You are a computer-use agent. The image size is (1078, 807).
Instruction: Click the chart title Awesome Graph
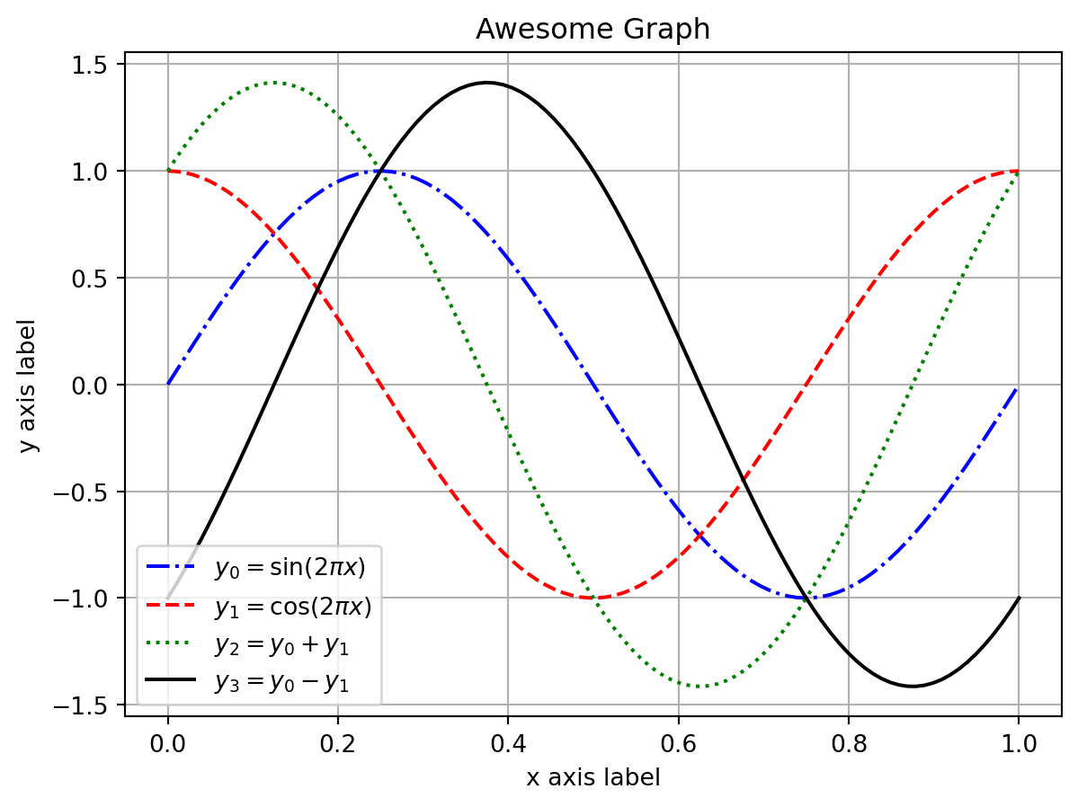[592, 30]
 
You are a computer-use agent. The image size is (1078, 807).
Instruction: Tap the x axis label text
[592, 777]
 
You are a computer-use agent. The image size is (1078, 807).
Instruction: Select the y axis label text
[30, 385]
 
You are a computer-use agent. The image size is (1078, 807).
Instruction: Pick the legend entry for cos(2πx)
[292, 607]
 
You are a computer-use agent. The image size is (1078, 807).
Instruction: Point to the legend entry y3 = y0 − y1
[281, 683]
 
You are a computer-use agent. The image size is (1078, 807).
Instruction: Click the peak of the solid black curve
[486, 83]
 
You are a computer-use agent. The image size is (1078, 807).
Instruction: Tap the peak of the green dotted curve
[274, 83]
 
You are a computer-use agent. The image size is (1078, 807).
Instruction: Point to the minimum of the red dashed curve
[592, 599]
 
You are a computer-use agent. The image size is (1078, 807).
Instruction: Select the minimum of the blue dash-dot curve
[806, 599]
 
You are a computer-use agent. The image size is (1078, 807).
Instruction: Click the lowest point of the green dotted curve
[699, 687]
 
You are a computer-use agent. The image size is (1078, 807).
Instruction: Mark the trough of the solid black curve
[912, 687]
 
